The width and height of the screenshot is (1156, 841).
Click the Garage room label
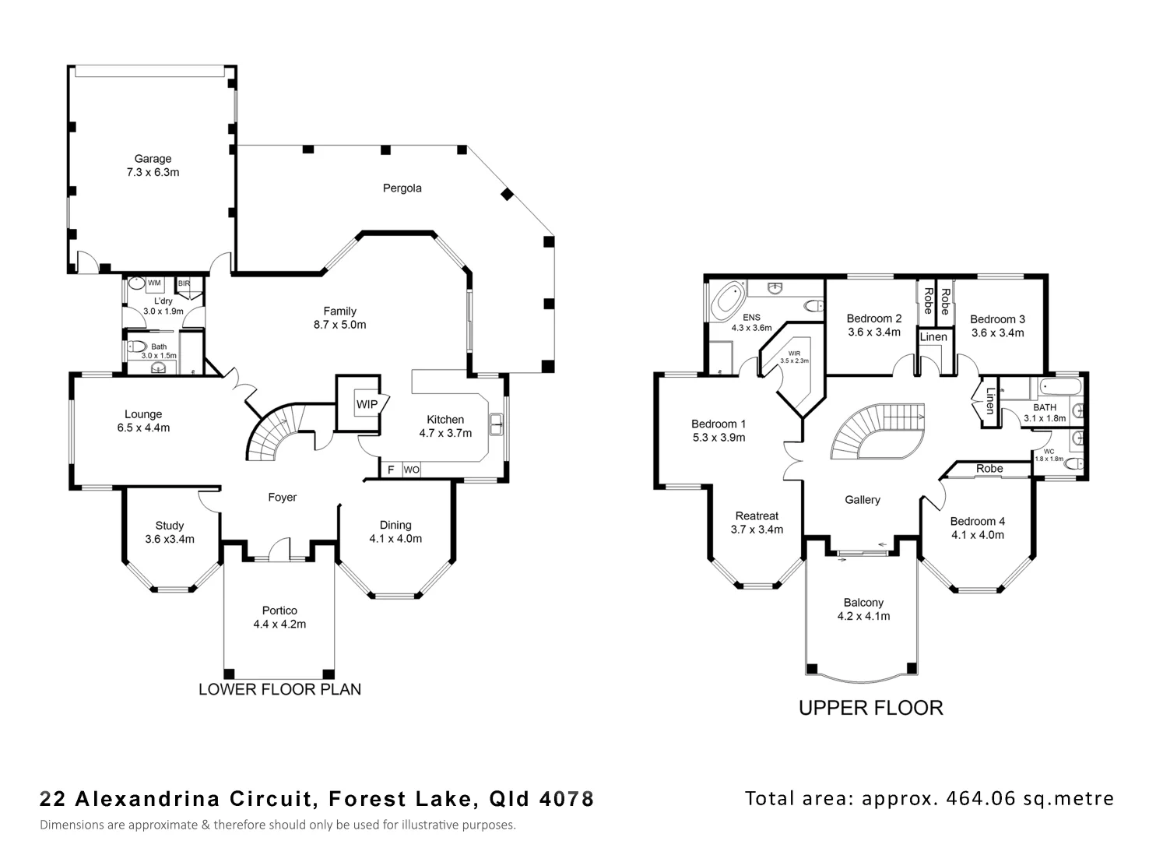pyautogui.click(x=153, y=159)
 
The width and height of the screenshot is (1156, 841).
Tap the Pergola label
pyautogui.click(x=402, y=188)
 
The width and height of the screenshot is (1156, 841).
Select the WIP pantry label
pyautogui.click(x=367, y=404)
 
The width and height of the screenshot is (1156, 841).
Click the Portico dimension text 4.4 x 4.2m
pyautogui.click(x=279, y=624)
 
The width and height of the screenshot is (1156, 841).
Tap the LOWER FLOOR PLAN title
pyautogui.click(x=279, y=689)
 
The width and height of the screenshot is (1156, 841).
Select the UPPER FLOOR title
pyautogui.click(x=870, y=708)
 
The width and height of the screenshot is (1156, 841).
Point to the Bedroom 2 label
pyautogui.click(x=873, y=318)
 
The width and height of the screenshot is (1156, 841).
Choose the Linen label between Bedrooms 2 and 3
pyautogui.click(x=933, y=337)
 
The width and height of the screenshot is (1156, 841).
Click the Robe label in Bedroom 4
pyautogui.click(x=989, y=469)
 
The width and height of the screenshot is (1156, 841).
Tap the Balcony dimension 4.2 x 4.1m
pyautogui.click(x=863, y=616)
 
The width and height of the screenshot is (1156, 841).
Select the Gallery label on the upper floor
pyautogui.click(x=863, y=500)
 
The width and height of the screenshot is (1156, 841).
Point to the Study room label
pyautogui.click(x=170, y=526)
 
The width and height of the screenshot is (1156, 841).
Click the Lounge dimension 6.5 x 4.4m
pyautogui.click(x=143, y=428)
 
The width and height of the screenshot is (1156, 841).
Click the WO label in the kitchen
pyautogui.click(x=411, y=470)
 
